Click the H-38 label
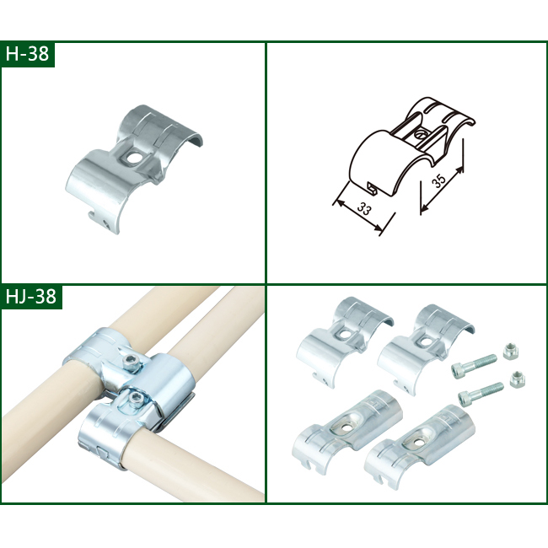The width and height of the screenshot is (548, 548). coord(28,55)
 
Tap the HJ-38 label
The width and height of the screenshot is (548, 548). coord(31,297)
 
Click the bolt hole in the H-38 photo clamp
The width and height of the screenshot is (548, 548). coord(133,157)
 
